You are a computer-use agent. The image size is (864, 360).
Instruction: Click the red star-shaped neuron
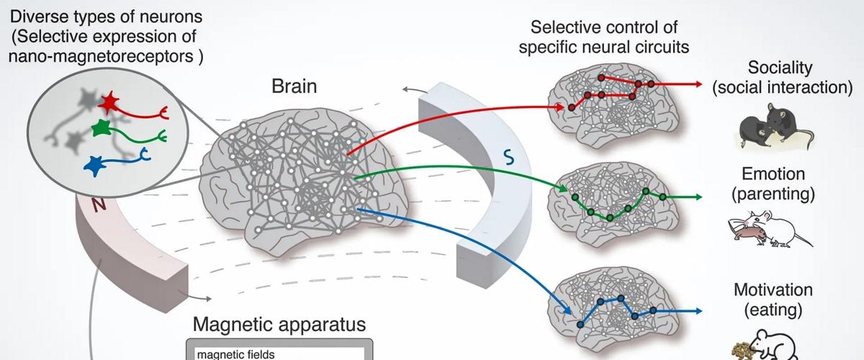108,103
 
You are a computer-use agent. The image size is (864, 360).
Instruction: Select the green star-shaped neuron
101,130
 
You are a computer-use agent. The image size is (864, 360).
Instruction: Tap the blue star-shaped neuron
94,165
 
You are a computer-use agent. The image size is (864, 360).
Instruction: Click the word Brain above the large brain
294,88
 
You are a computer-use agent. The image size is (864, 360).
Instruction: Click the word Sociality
780,68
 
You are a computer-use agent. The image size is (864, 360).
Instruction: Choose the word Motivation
773,290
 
